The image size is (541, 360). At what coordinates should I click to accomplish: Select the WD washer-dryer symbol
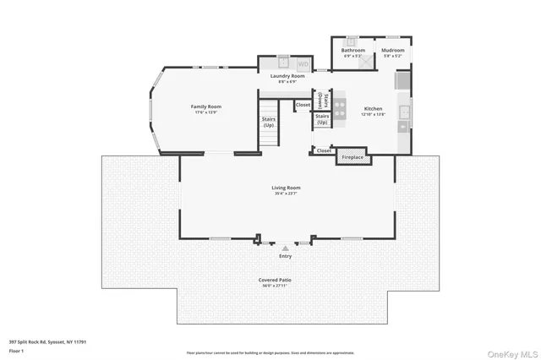click(x=303, y=63)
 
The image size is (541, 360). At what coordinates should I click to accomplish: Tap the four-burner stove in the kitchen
click(x=340, y=108)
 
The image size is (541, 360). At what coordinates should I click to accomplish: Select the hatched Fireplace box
click(x=352, y=157)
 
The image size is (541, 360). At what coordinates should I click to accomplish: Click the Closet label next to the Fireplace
click(x=324, y=150)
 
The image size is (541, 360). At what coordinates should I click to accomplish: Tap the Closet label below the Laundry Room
click(x=303, y=105)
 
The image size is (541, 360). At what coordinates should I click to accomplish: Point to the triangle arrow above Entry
click(x=286, y=248)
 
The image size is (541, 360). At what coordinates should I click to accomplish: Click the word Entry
click(x=286, y=256)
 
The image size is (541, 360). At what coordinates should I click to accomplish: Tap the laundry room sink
click(x=284, y=63)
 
